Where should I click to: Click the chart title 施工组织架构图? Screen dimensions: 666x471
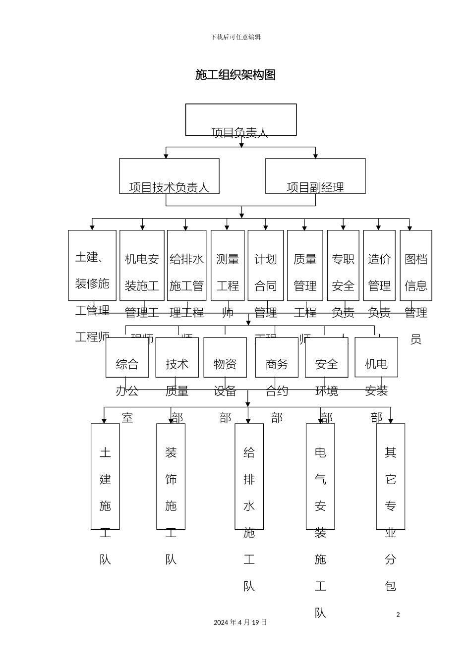click(235, 75)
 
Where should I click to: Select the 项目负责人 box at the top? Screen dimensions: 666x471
click(241, 119)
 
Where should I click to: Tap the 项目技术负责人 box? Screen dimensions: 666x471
click(169, 176)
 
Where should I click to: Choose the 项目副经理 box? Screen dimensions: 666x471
click(315, 176)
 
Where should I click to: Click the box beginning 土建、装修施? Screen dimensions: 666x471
click(92, 265)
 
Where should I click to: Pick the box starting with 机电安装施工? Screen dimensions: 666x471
click(142, 265)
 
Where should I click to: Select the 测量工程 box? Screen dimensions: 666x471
click(228, 265)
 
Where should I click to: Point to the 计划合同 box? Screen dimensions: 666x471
click(266, 265)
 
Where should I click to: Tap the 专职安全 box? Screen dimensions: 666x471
click(343, 265)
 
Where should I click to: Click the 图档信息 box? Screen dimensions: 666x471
click(416, 265)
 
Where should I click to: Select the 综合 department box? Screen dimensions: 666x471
click(127, 357)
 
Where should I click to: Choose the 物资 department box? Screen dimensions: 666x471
click(225, 357)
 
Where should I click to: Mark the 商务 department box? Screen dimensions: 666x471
click(277, 357)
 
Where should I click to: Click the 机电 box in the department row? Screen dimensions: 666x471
click(376, 357)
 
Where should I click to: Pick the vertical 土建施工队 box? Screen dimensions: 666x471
click(105, 476)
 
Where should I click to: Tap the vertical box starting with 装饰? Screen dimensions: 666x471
click(171, 476)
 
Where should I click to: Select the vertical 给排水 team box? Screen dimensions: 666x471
click(249, 476)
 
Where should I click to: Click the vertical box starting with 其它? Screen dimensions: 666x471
click(391, 476)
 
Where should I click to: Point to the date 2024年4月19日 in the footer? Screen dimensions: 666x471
click(240, 622)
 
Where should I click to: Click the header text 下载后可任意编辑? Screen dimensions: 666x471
click(235, 37)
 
